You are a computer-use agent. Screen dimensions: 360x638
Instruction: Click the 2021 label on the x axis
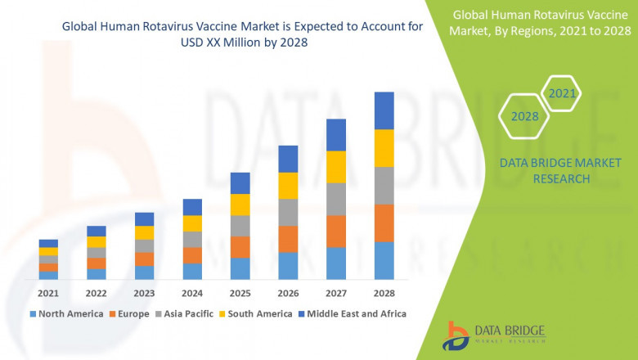pos(48,293)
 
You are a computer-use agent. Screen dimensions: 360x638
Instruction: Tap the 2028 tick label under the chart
pos(384,293)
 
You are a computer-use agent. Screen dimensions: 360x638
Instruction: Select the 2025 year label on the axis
pos(240,293)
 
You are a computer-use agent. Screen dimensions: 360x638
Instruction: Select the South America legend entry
pos(258,313)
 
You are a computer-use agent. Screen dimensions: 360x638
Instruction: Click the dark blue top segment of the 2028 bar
pos(384,110)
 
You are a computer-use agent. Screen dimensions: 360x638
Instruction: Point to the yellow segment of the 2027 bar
pos(336,167)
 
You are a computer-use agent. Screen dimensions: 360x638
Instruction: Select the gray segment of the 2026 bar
pos(288,212)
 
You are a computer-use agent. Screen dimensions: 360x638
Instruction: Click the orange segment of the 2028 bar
pos(384,223)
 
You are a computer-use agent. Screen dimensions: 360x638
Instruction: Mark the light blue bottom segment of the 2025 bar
pos(240,269)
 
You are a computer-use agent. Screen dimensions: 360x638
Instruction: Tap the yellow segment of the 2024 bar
pos(192,223)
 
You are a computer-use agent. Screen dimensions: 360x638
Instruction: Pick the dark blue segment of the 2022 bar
pos(97,231)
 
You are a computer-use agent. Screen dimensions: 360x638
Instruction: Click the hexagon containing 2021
pos(562,94)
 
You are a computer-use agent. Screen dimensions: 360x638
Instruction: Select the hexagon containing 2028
pos(525,116)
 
